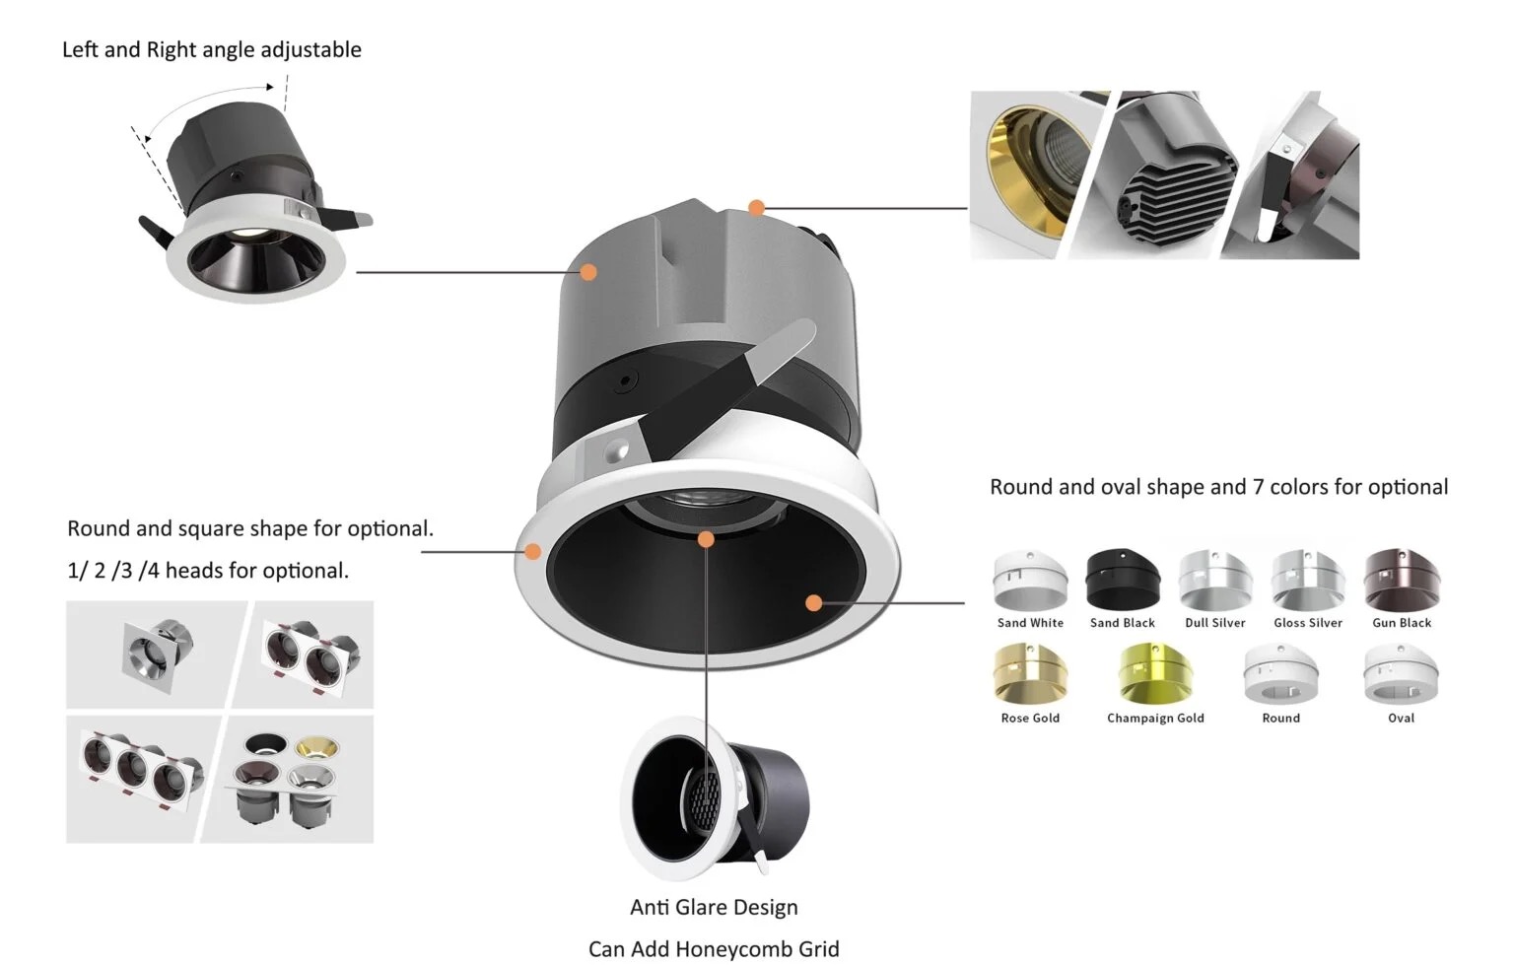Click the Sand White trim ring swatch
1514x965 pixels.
coord(1030,582)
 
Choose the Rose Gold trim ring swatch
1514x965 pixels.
coord(1030,675)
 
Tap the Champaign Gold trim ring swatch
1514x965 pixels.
coord(1155,675)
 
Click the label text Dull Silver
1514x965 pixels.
coord(1214,623)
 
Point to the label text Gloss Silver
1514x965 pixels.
coord(1308,623)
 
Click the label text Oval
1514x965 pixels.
coord(1401,719)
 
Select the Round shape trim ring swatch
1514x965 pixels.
coord(1280,675)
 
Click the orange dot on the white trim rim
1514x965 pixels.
coord(533,551)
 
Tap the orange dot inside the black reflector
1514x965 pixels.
coord(813,602)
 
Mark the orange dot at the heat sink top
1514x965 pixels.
coord(756,208)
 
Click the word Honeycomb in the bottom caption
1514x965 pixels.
coord(729,949)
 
